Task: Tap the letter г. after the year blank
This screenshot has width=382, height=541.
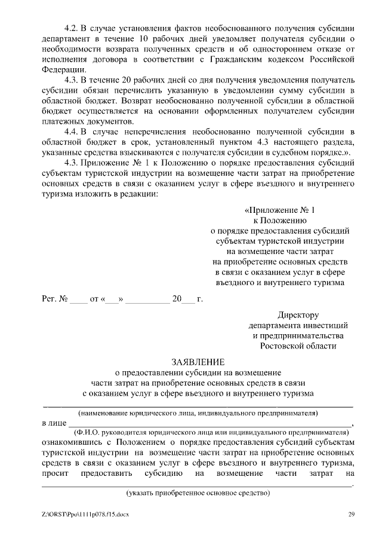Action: [x=200, y=298]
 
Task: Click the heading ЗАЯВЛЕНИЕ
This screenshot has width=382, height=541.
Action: [x=198, y=362]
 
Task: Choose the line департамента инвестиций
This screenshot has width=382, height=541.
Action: [x=298, y=325]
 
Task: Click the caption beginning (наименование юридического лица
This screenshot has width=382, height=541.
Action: [x=198, y=413]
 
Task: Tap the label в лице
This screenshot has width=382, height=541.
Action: [x=53, y=423]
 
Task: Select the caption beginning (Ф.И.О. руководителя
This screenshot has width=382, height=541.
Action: [x=209, y=432]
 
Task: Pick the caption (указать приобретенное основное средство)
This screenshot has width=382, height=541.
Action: [x=198, y=493]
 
